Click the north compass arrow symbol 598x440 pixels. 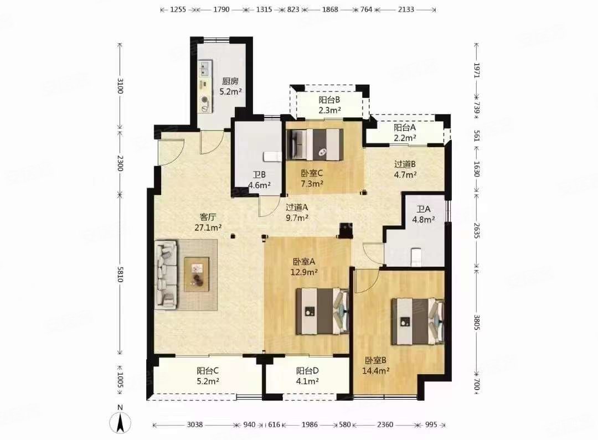click(120, 422)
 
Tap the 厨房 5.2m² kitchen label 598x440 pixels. click(230, 86)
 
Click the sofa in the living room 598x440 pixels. click(166, 274)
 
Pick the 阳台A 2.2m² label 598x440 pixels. click(404, 132)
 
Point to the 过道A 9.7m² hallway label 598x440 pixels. click(296, 213)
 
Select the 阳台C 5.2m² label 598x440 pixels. click(208, 376)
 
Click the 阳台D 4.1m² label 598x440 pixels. click(307, 376)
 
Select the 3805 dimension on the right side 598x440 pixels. click(477, 323)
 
